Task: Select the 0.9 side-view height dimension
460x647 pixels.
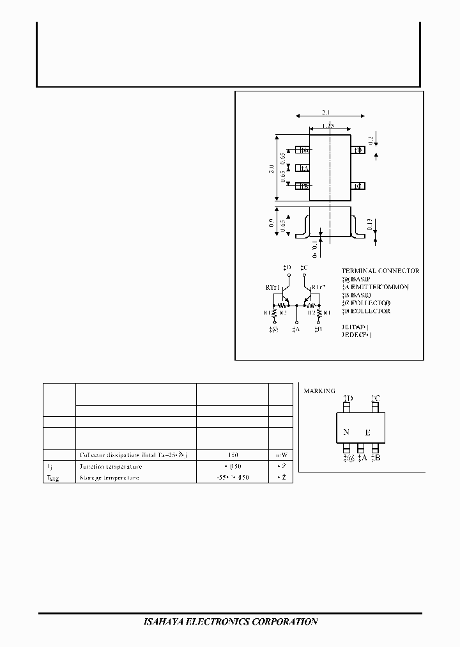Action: [x=272, y=224]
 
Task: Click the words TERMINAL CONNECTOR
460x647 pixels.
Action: [x=380, y=271]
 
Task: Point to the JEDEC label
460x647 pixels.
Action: [x=356, y=334]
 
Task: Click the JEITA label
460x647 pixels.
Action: [x=356, y=326]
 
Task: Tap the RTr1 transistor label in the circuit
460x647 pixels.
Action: [x=273, y=288]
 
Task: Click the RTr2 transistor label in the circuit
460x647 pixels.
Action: [x=319, y=288]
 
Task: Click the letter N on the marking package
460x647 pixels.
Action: [x=346, y=432]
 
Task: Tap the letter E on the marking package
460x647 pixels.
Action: [x=367, y=433]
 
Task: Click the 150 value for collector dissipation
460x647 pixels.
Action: [x=231, y=455]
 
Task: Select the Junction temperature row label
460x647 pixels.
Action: [x=111, y=467]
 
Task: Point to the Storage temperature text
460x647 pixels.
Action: [x=110, y=478]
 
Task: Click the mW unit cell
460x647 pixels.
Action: [x=280, y=455]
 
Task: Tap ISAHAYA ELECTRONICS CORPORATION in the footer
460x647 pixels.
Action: [x=229, y=621]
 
